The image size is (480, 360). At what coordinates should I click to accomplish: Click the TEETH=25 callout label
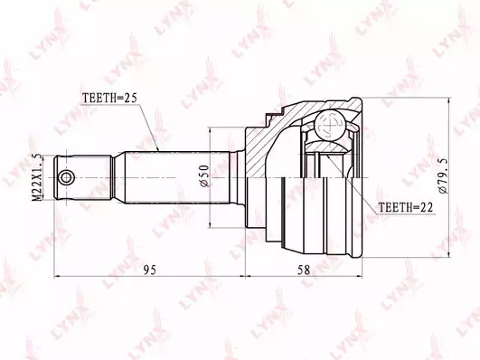[109, 98]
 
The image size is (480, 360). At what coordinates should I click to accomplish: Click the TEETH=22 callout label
[406, 208]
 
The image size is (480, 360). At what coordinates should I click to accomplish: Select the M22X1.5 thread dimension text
[37, 177]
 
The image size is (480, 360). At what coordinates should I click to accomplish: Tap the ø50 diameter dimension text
[204, 175]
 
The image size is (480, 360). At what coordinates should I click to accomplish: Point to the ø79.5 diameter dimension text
[443, 175]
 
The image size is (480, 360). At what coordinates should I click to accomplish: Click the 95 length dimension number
[150, 270]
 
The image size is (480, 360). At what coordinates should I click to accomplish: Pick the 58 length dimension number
[304, 270]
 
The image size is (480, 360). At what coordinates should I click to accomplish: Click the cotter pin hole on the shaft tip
[66, 177]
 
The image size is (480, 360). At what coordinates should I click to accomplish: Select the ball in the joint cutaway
[332, 126]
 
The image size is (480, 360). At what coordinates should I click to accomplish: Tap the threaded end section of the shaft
[82, 177]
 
